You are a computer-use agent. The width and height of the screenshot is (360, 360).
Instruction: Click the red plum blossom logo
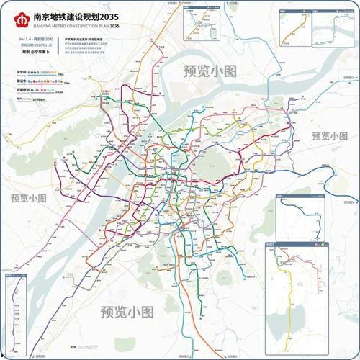[x=19, y=17]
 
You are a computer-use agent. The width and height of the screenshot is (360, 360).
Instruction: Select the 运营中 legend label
[x=22, y=73]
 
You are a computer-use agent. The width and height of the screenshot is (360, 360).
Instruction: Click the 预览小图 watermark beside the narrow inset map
[x=28, y=197]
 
